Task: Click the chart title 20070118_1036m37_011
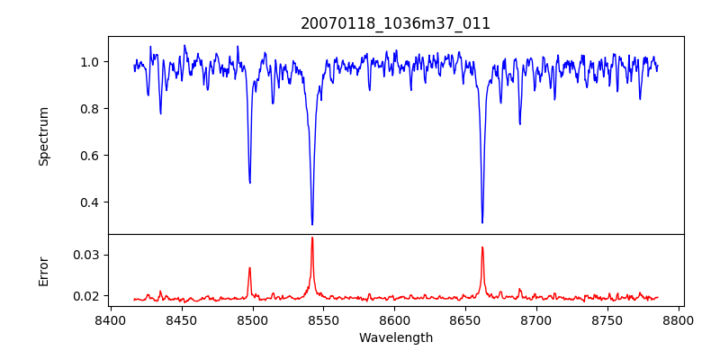(395, 23)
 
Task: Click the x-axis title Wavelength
(395, 338)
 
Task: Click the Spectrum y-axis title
(44, 136)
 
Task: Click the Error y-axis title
(44, 270)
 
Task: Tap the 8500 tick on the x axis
(252, 319)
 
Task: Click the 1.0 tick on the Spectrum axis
(90, 62)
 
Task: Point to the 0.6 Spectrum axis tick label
(90, 156)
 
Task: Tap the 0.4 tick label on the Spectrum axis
(90, 202)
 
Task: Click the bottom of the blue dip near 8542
(312, 224)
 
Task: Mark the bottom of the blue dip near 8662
(482, 222)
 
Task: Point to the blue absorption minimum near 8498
(250, 183)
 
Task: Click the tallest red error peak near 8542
(312, 238)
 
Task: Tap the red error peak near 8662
(482, 247)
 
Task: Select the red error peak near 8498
(250, 267)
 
